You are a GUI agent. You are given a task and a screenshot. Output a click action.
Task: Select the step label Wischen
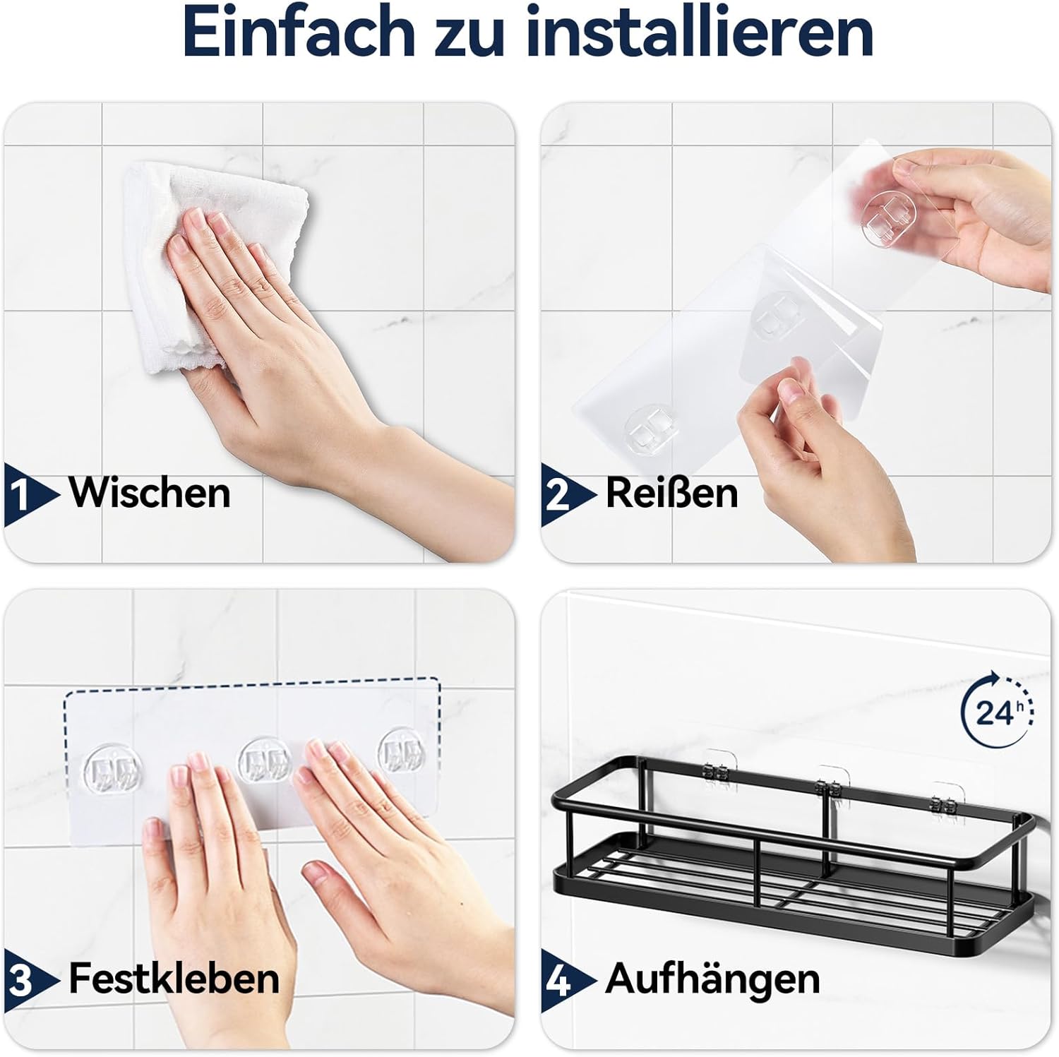pos(150,492)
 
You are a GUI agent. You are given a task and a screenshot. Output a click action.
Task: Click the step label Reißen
pos(672,492)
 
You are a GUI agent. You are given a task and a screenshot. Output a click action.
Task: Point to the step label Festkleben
pos(174,979)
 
